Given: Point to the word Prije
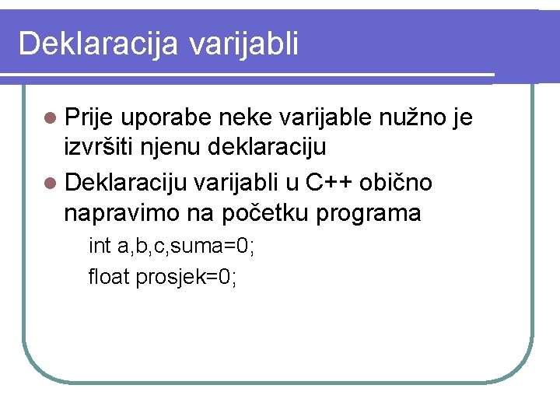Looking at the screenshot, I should (x=89, y=118).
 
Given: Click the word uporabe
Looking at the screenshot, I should (x=166, y=118).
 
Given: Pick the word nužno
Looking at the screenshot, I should (x=413, y=117).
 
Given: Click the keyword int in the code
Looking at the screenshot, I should (x=100, y=247).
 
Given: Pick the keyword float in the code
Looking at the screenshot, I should (x=110, y=276).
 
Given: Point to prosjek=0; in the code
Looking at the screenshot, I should (x=187, y=276).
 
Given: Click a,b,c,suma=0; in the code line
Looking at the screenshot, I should (x=186, y=247).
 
